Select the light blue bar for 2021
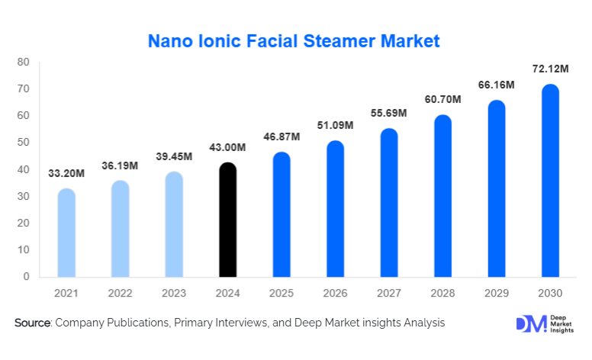click(x=67, y=233)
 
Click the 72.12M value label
click(x=550, y=69)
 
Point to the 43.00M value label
click(x=228, y=147)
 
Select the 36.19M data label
click(x=121, y=164)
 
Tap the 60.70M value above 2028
click(x=442, y=99)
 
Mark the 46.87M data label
click(x=282, y=137)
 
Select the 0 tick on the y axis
click(x=26, y=277)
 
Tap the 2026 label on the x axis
click(x=335, y=294)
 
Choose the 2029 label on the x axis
click(x=496, y=294)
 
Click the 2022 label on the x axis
click(x=121, y=294)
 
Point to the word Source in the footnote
click(x=31, y=323)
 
